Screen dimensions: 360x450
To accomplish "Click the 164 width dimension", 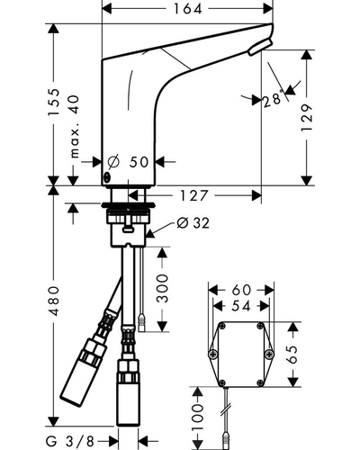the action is (188, 9).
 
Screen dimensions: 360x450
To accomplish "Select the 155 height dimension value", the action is (54, 102).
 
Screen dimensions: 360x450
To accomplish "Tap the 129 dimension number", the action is (306, 118).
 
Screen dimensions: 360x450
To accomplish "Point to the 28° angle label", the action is (273, 99).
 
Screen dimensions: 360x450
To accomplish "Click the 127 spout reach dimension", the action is (193, 196).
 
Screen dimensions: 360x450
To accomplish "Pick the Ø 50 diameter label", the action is (128, 162).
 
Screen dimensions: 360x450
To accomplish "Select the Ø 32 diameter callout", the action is (193, 223).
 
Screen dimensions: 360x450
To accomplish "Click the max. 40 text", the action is (75, 126).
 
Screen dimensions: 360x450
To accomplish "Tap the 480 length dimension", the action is (54, 301).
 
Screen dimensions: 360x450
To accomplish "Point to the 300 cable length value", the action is (162, 288).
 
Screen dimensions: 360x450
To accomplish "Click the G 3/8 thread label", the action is (70, 441).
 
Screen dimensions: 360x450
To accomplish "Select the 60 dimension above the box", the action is (241, 290).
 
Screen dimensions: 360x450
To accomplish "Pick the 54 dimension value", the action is (241, 306).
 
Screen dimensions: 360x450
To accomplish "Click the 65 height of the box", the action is (293, 354).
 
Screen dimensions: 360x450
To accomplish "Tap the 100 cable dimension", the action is (197, 417).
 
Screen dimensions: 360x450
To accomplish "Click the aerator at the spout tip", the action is (260, 47).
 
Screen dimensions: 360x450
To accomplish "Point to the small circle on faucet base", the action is (107, 177).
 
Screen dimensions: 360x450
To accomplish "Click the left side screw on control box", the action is (213, 355).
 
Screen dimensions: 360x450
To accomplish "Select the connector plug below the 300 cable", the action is (141, 322).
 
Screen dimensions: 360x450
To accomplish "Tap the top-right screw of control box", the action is (260, 325).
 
